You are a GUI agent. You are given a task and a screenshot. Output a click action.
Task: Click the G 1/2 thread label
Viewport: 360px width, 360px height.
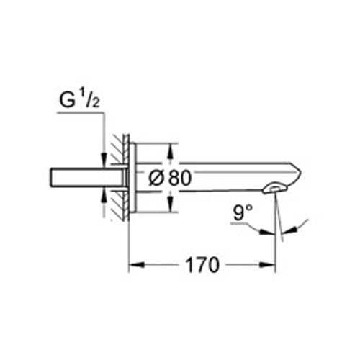tap(79, 100)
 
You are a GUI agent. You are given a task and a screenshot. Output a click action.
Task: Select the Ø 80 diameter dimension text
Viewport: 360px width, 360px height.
tap(170, 178)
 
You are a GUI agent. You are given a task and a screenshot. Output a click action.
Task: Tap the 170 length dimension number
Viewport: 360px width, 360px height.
tap(202, 265)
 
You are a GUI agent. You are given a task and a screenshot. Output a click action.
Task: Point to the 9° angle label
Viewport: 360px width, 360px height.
tap(243, 212)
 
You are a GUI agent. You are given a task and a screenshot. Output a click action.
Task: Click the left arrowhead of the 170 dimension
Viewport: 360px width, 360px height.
tap(137, 265)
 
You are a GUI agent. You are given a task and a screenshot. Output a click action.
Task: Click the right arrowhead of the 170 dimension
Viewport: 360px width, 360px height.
tap(268, 265)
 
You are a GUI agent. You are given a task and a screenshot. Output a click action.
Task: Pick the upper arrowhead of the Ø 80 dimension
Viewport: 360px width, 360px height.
tap(170, 151)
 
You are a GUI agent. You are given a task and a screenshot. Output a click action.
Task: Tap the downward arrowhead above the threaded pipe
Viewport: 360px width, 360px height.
tap(104, 159)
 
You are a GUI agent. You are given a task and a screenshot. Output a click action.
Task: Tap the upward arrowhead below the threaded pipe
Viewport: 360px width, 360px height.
tap(104, 196)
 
